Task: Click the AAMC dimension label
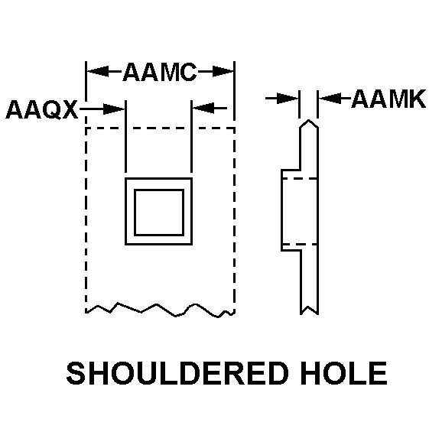point(160,72)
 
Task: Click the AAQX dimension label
point(41,109)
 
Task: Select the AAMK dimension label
point(388,99)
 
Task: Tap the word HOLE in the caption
point(344,373)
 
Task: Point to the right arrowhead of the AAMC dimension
point(223,71)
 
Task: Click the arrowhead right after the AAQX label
point(114,109)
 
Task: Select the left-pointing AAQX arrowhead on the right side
point(203,108)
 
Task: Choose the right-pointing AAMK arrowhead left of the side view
point(288,99)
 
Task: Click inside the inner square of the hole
point(159,213)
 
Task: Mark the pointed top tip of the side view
point(309,120)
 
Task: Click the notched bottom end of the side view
point(309,310)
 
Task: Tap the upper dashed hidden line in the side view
point(299,178)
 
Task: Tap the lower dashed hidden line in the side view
point(299,244)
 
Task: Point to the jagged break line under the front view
point(160,310)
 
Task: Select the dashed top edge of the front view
point(160,128)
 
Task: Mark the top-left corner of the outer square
point(125,178)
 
